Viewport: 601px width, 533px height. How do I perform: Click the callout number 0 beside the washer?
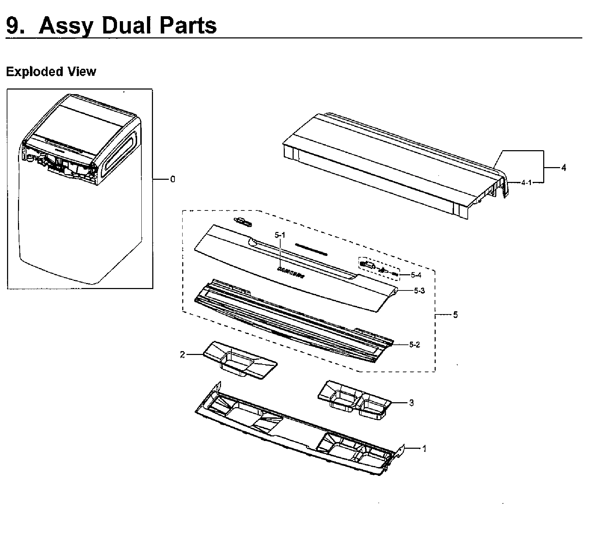click(x=172, y=179)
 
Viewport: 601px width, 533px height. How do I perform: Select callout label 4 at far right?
click(x=564, y=168)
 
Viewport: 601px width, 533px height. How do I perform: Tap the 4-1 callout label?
click(x=526, y=182)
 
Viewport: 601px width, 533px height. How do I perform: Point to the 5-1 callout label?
click(x=280, y=235)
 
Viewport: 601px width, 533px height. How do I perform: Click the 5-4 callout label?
click(x=416, y=275)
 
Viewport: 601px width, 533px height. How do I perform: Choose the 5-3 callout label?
click(x=419, y=291)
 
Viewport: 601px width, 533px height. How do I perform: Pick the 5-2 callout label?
click(x=415, y=344)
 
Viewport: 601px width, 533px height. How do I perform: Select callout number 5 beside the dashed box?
click(x=455, y=315)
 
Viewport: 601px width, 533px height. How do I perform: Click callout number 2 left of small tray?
click(x=182, y=355)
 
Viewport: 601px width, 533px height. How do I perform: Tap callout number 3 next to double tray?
click(x=411, y=403)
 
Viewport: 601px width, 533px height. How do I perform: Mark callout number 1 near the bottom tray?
click(x=424, y=448)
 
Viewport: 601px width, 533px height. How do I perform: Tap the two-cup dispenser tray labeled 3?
click(x=354, y=400)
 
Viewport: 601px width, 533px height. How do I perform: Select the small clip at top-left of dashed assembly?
click(x=243, y=221)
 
